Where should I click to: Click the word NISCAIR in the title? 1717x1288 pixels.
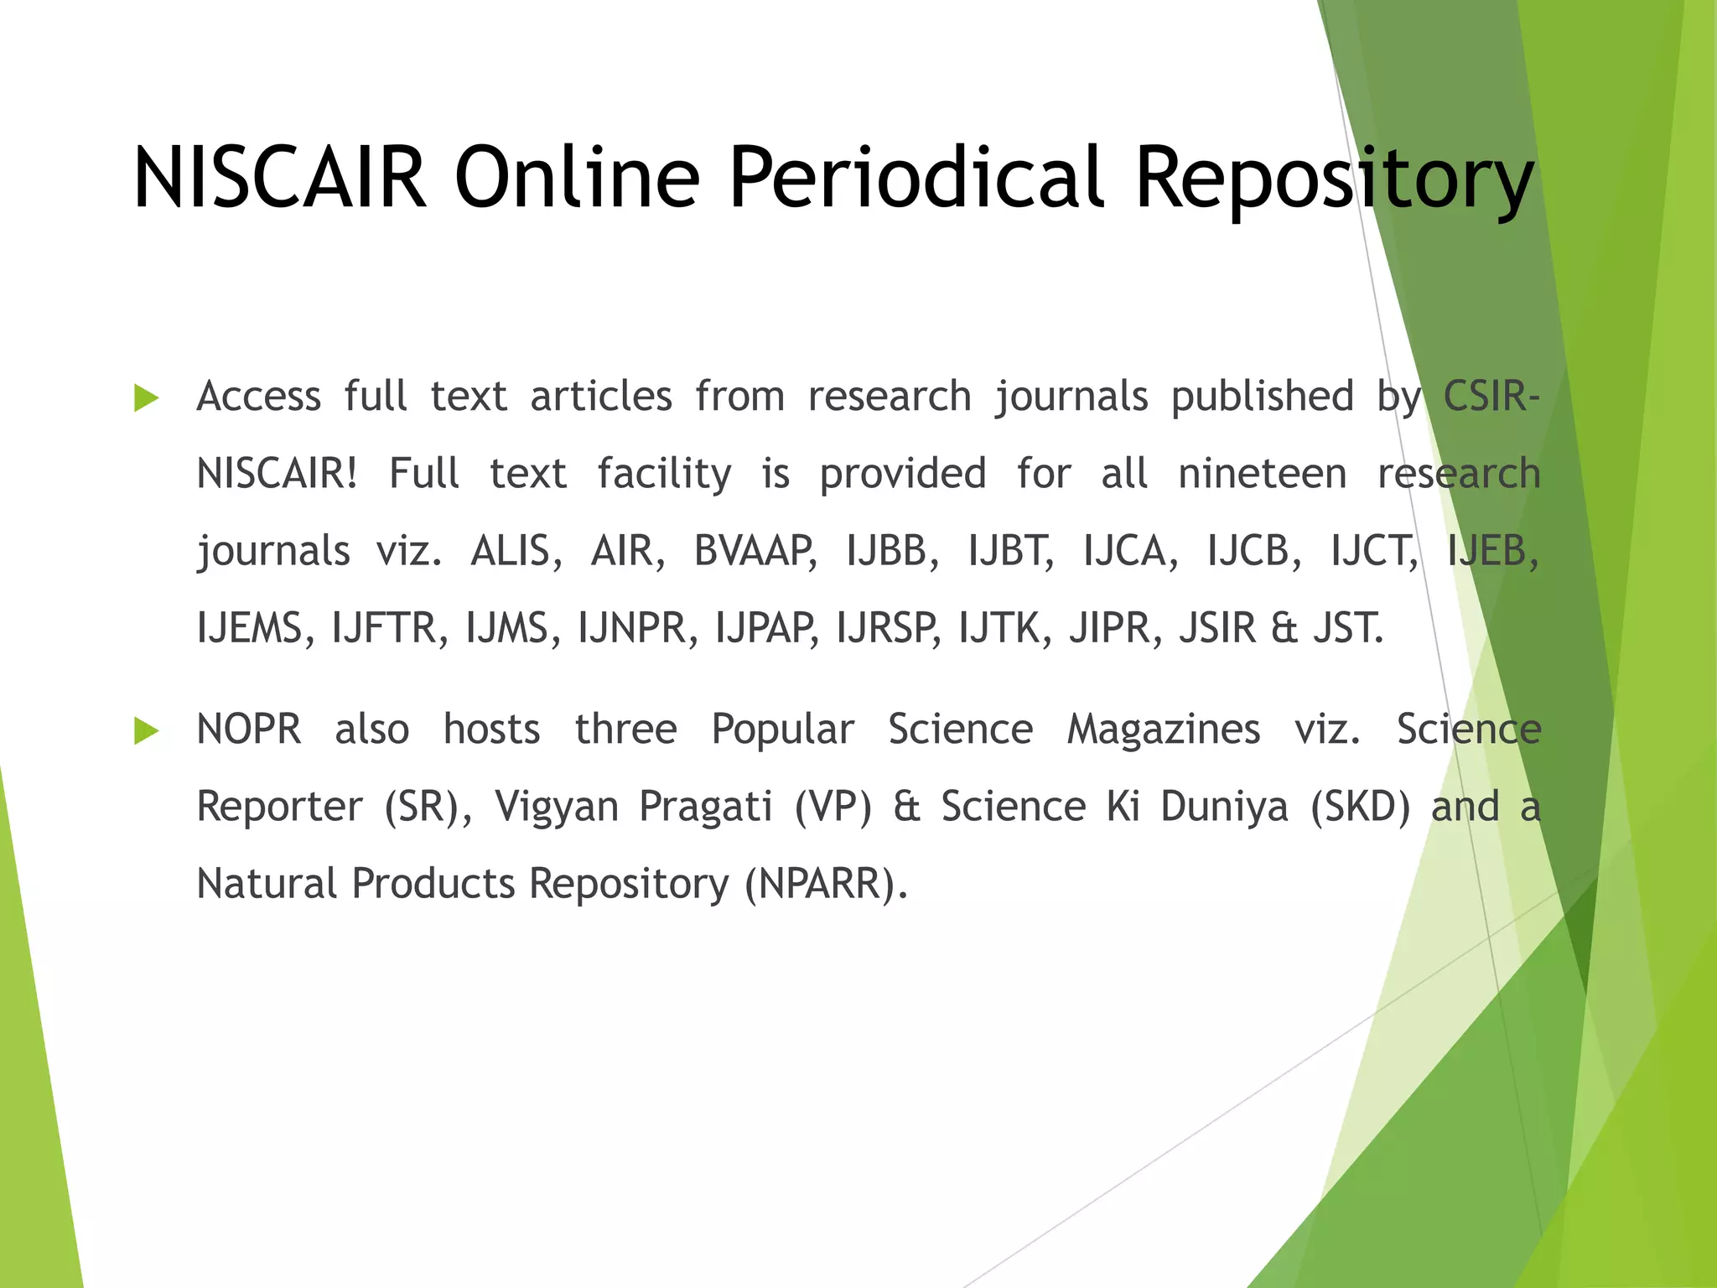280,178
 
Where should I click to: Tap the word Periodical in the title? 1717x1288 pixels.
916,178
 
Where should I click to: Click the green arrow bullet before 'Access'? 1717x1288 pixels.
146,398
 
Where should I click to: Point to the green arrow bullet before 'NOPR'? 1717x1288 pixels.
146,731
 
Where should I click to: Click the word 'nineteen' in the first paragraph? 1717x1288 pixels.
1262,475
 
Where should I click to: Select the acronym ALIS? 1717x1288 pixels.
516,552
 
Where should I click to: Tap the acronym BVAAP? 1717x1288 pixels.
755,552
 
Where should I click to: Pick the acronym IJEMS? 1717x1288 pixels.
249,629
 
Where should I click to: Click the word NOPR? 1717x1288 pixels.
249,730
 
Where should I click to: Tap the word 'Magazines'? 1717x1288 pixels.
1163,730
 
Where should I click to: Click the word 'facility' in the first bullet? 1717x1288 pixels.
664,475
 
